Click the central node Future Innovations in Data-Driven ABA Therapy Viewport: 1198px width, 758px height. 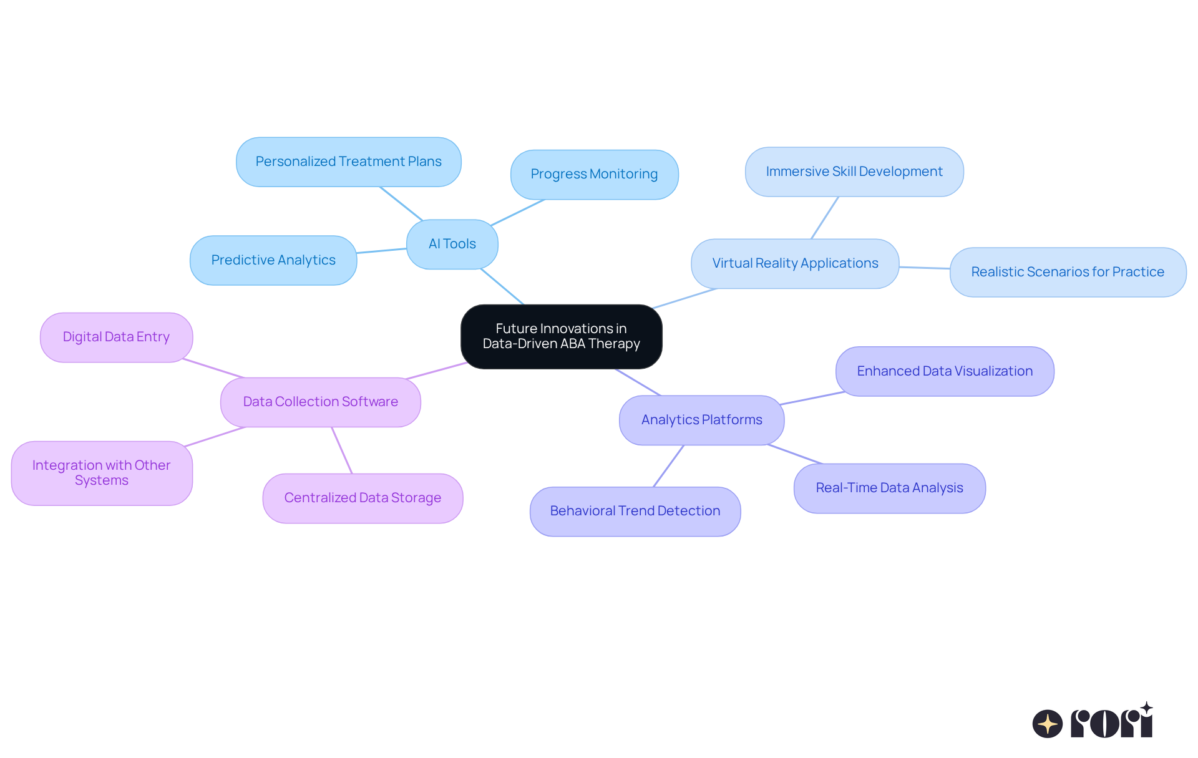(561, 336)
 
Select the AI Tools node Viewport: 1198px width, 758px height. (452, 244)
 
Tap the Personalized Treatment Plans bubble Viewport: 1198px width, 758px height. (348, 162)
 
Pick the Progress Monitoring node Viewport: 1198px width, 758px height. (594, 174)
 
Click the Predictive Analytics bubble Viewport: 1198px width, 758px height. (273, 260)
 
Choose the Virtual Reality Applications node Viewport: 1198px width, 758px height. (795, 263)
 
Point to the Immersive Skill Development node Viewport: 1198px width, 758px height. (854, 172)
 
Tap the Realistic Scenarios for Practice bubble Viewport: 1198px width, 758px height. (1067, 272)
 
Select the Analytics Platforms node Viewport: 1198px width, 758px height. (701, 420)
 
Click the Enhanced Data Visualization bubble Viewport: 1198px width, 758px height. (944, 371)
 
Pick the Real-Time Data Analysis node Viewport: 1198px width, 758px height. (889, 488)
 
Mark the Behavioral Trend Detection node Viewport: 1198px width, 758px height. (635, 511)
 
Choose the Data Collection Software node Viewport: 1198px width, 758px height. (320, 402)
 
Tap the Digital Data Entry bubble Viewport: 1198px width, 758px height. (116, 337)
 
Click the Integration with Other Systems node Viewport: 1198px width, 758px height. (101, 473)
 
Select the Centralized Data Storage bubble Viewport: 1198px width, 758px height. (363, 498)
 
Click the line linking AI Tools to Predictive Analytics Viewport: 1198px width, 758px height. (381, 251)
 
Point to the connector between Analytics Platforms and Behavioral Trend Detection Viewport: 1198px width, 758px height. (669, 465)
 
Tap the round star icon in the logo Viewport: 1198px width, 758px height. (1047, 724)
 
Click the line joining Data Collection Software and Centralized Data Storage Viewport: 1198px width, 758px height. (342, 450)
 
